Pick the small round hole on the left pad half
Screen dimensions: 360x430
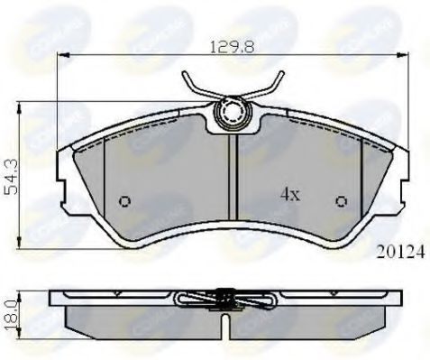[124, 201]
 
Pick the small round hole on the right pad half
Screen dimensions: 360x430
[341, 200]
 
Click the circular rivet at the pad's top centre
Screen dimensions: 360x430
[231, 114]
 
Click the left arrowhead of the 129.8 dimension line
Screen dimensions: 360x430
[61, 55]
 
